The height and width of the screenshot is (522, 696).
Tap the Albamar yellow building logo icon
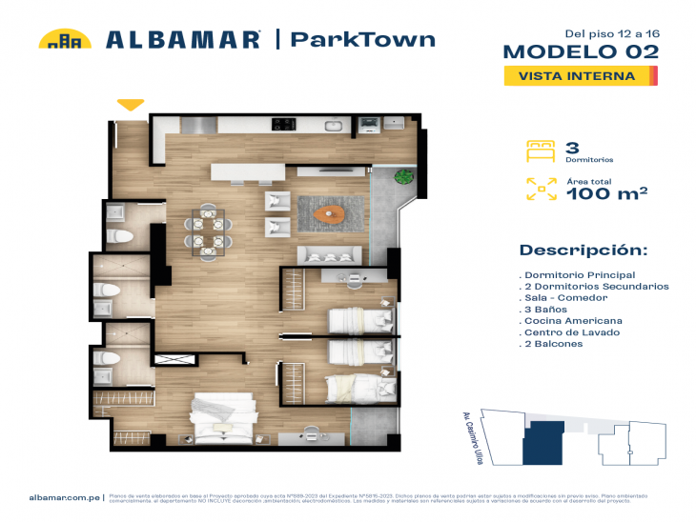(x=65, y=40)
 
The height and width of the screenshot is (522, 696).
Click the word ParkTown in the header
(x=362, y=40)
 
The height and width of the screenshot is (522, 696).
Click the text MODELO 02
(x=581, y=51)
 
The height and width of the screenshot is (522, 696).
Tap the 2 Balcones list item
(x=553, y=344)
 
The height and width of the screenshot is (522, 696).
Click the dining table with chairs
(x=209, y=231)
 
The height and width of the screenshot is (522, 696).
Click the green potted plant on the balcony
(x=403, y=176)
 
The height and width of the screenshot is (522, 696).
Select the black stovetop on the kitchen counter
(x=284, y=123)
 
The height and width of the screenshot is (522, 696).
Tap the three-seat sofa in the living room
(x=330, y=254)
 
